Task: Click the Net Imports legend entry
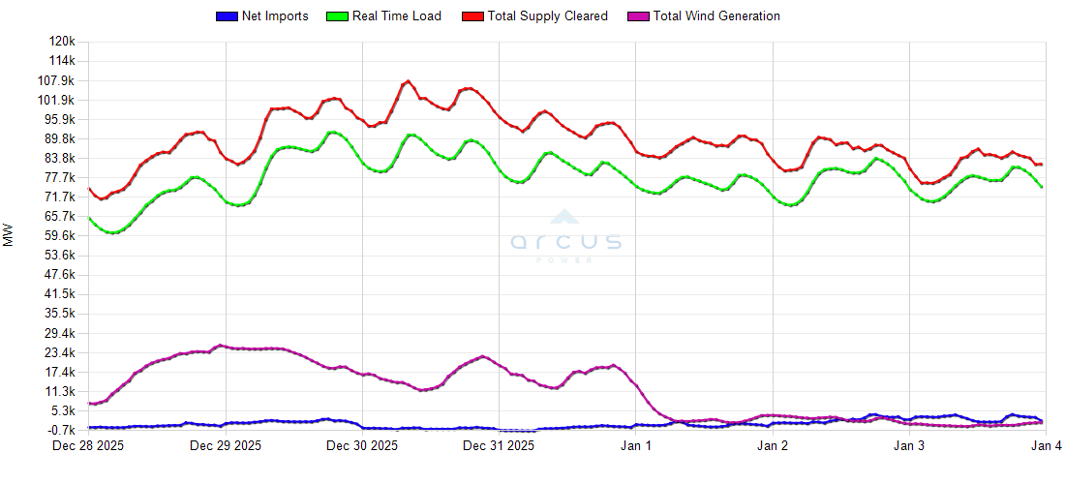[x=275, y=16]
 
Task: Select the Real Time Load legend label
[x=396, y=16]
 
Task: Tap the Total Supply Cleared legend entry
[x=548, y=16]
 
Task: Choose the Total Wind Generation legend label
[x=716, y=16]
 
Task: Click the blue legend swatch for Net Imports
[x=227, y=16]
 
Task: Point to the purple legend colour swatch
[x=639, y=16]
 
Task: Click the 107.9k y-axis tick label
[x=57, y=80]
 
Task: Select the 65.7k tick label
[x=59, y=217]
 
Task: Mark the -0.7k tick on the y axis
[x=60, y=430]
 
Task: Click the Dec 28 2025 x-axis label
[x=89, y=446]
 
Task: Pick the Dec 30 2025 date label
[x=362, y=446]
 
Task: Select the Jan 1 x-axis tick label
[x=636, y=446]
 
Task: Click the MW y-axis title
[x=9, y=234]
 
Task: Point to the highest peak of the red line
[x=408, y=81]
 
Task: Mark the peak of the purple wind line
[x=221, y=346]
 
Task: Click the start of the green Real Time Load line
[x=89, y=218]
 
